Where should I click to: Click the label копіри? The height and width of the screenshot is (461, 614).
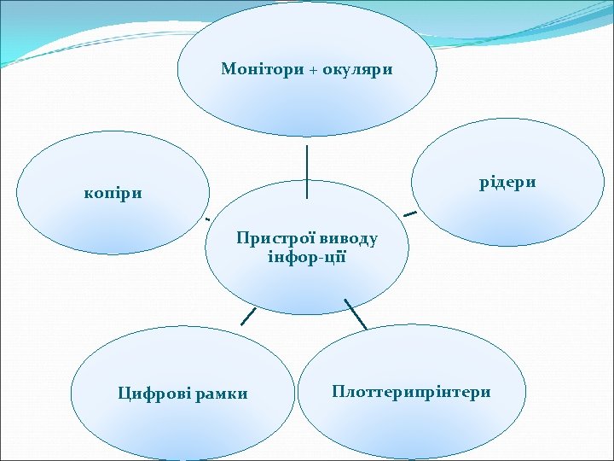(113, 193)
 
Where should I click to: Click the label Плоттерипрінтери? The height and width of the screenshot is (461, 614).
(412, 392)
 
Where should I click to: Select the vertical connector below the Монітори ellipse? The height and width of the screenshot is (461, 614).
(307, 172)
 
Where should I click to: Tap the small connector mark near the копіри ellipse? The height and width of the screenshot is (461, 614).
(207, 219)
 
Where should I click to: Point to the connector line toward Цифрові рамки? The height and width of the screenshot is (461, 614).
(248, 316)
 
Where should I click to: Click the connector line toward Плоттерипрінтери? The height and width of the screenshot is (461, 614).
(356, 314)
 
